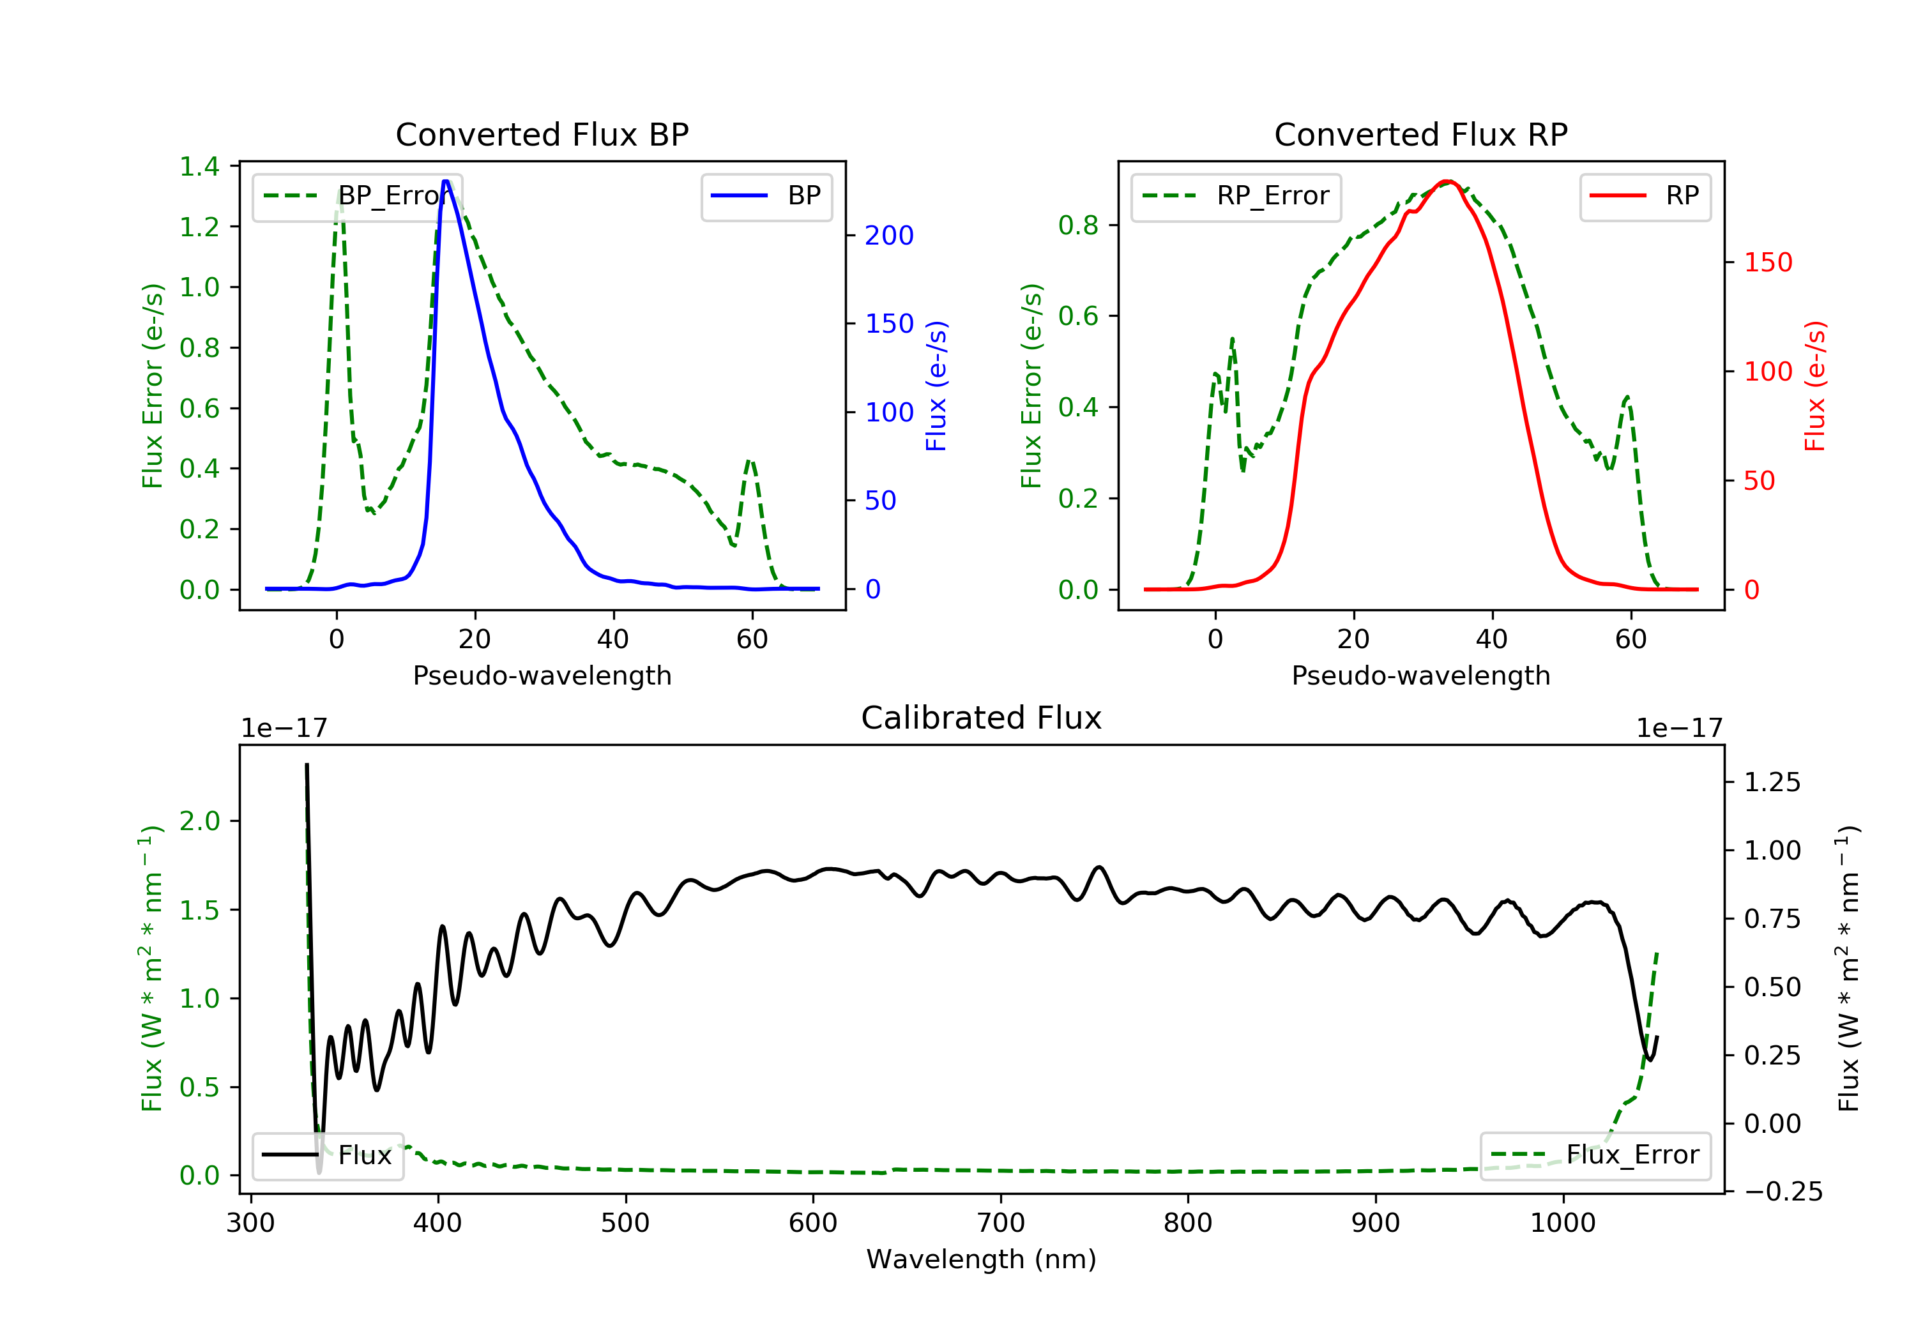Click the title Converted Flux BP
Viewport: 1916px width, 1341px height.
[542, 134]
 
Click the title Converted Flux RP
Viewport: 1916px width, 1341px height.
[1420, 134]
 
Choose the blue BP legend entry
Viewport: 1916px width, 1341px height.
[766, 196]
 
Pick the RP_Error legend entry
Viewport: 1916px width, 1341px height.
[1236, 196]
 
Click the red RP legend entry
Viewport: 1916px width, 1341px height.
[1645, 196]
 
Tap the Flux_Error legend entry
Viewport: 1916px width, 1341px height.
[1595, 1155]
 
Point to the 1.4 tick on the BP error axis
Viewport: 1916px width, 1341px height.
[199, 167]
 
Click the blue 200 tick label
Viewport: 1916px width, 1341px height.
[889, 236]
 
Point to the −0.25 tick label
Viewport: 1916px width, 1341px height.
[1783, 1192]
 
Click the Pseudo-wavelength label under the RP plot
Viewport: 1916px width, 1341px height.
[1420, 676]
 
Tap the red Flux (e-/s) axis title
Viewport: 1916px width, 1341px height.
[1815, 386]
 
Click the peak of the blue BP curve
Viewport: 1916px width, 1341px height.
[446, 181]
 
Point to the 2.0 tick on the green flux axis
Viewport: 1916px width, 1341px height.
[199, 821]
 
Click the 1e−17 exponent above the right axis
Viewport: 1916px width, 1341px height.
[1679, 729]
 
